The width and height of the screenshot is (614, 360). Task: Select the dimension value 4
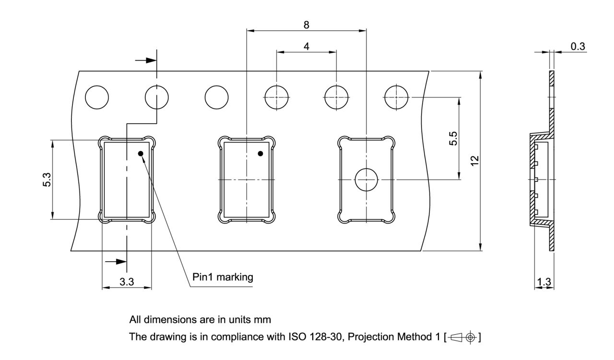(x=306, y=46)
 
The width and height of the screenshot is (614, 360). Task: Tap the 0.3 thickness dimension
(x=578, y=46)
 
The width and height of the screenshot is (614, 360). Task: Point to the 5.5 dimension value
(x=453, y=139)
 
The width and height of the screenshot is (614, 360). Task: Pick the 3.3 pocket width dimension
(x=127, y=282)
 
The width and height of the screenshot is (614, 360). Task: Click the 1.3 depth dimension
(x=544, y=282)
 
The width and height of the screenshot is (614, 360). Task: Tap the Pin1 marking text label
(x=223, y=277)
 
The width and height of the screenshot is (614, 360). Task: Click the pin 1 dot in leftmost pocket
(x=141, y=154)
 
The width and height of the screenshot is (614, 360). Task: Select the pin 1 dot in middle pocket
(x=260, y=154)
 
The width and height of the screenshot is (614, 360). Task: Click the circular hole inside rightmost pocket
(x=366, y=180)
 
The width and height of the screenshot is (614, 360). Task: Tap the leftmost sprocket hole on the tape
(x=97, y=97)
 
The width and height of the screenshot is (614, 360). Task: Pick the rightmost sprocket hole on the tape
(x=397, y=97)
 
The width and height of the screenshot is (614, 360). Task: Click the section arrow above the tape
(x=146, y=60)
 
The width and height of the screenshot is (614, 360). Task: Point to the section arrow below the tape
(x=116, y=262)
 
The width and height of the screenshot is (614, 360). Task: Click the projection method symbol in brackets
(x=463, y=337)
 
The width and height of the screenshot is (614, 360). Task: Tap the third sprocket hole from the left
(x=216, y=97)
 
